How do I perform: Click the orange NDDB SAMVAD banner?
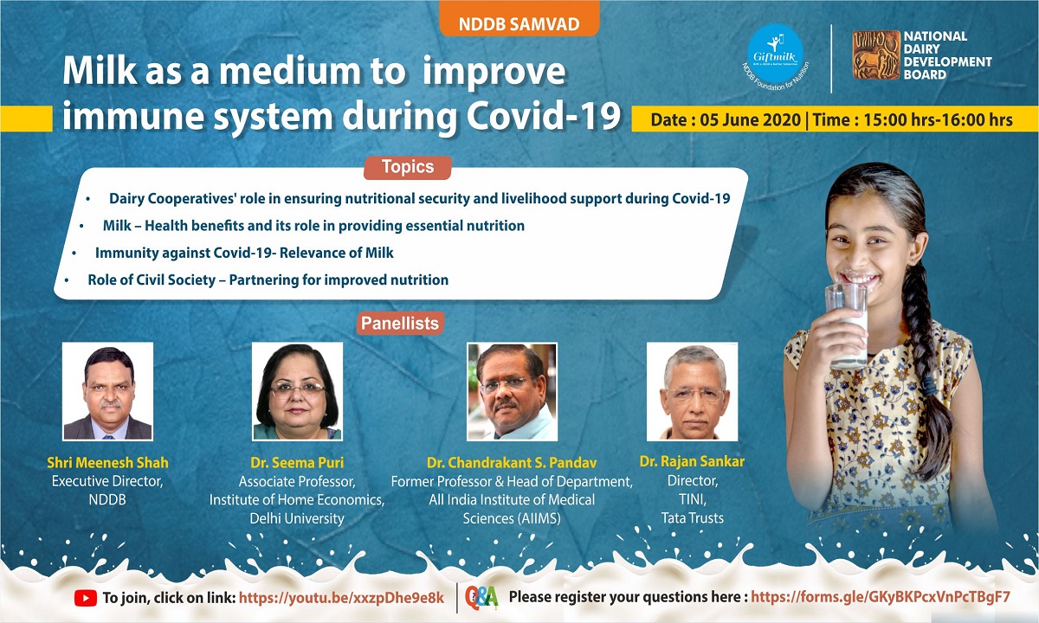coord(519,19)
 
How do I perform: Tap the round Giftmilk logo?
coord(775,54)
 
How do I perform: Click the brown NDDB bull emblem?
coord(876,55)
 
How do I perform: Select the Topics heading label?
coord(407,167)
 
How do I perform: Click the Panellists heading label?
coord(400,323)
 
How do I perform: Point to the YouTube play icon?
coord(86,598)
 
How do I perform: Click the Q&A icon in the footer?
coord(481,598)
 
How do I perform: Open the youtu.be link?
coord(341,598)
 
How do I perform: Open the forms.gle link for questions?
coord(881,597)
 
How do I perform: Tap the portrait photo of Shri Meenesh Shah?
coord(107,391)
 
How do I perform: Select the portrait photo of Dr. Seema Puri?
coord(297,391)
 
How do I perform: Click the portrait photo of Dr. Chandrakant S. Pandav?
coord(512,392)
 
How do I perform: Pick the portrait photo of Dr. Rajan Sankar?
coord(692,391)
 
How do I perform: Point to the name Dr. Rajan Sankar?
coord(692,461)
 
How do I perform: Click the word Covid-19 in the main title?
coord(543,115)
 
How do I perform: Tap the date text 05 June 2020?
coord(750,119)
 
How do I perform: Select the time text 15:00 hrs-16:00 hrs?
coord(938,119)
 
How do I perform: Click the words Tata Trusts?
coord(693,517)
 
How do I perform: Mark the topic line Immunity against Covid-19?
coord(244,253)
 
